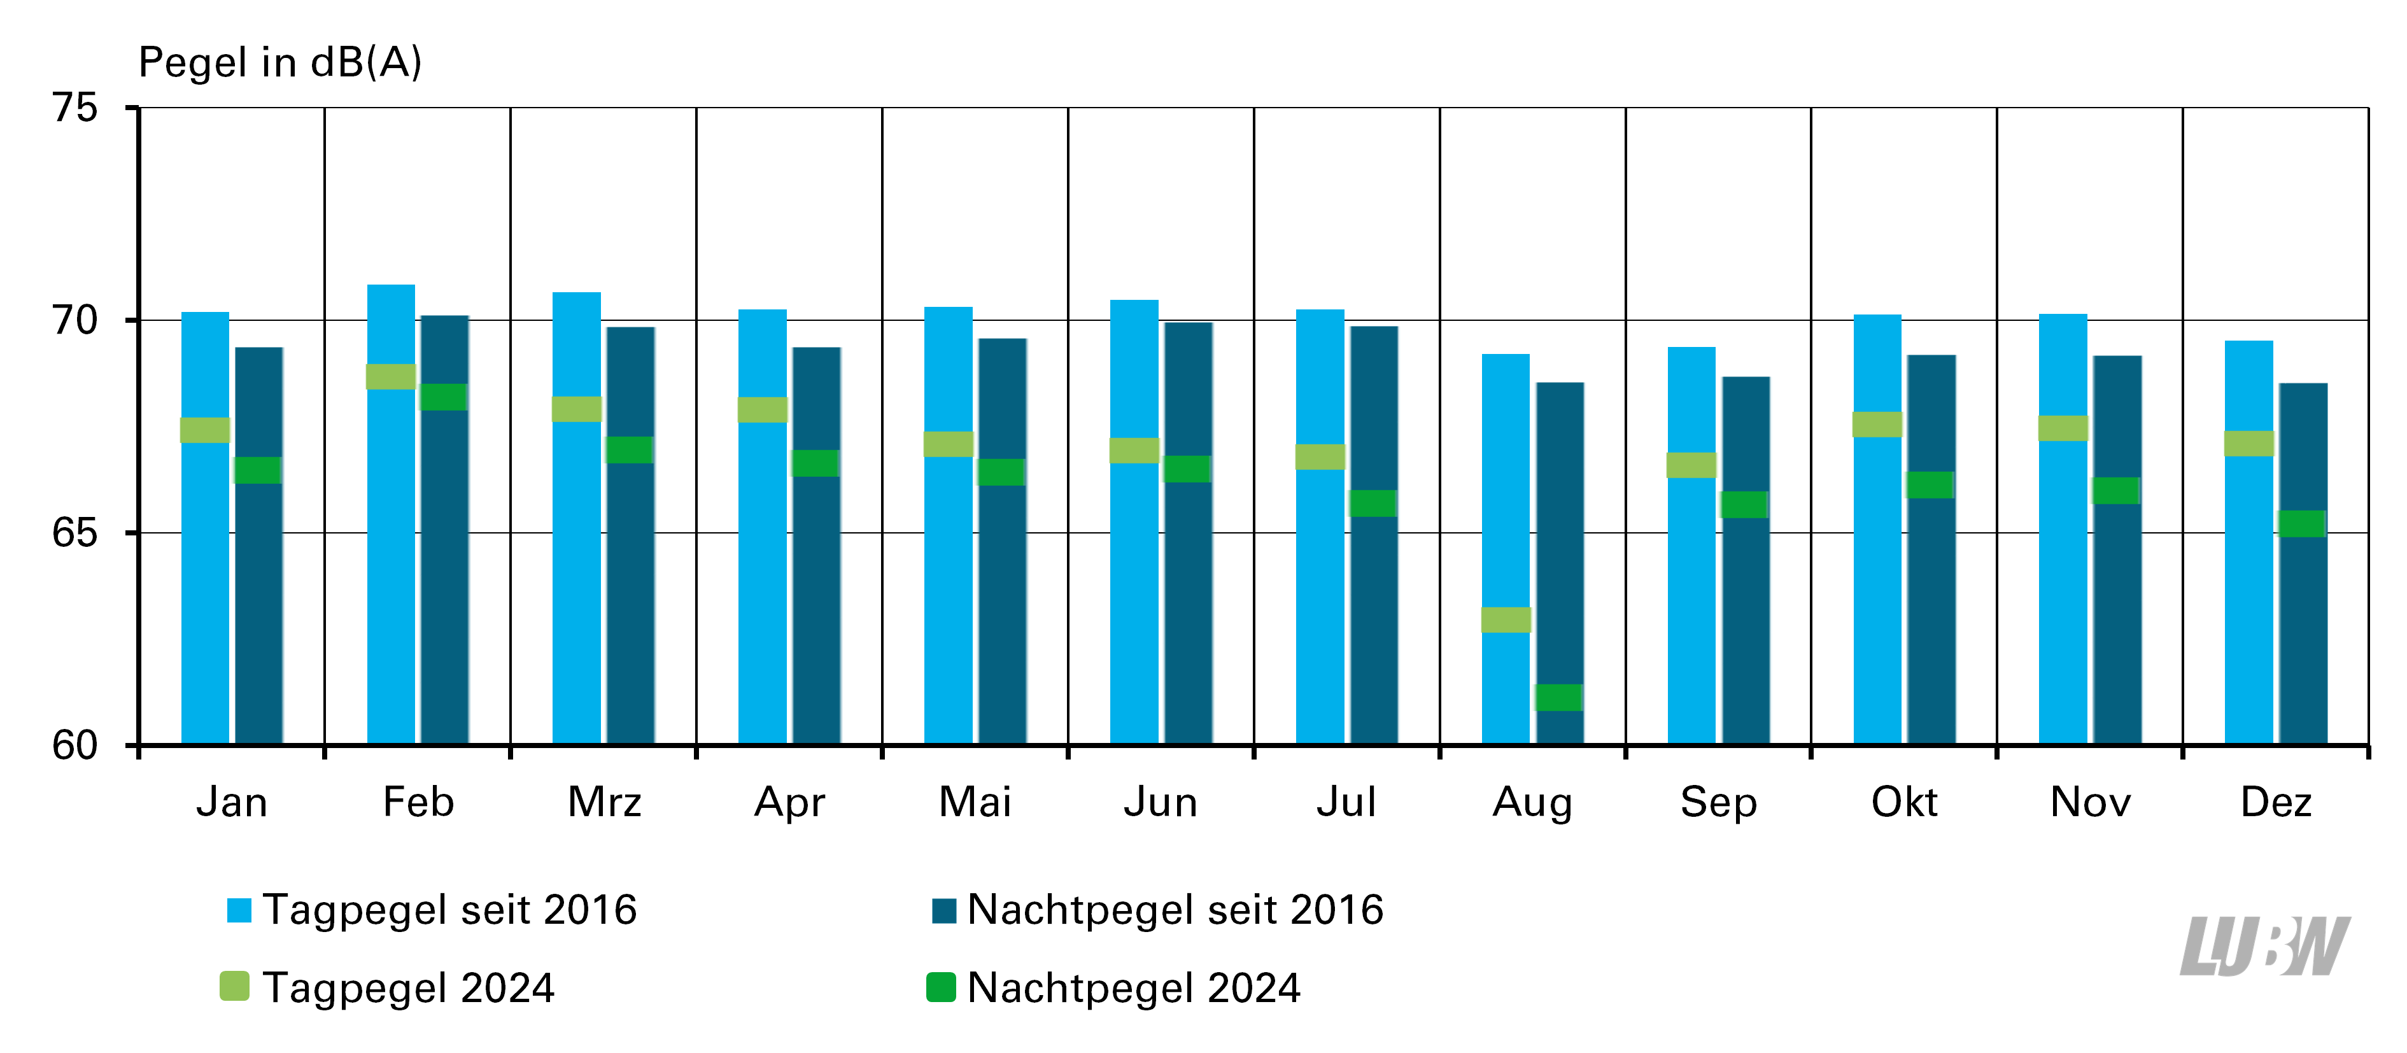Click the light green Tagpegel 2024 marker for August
[1506, 619]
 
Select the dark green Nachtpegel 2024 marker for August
[1560, 697]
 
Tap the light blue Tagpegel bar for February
[391, 514]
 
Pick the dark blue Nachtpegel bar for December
[2303, 563]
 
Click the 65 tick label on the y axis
[74, 533]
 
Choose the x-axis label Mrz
[605, 802]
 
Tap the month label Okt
[1904, 802]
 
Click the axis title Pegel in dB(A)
[280, 62]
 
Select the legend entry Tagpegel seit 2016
[432, 909]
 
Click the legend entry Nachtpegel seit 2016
[1158, 909]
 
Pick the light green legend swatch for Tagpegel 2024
[234, 987]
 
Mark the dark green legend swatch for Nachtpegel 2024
[941, 987]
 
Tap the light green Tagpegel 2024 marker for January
[204, 430]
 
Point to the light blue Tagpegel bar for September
[1691, 546]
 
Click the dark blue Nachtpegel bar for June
[1189, 534]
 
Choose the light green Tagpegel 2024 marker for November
[2063, 428]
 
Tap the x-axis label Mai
[975, 802]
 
